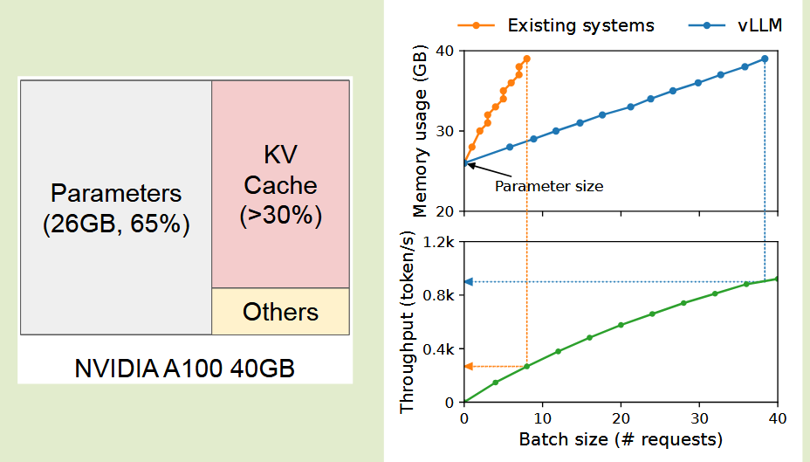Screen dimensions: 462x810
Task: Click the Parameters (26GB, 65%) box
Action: pos(116,208)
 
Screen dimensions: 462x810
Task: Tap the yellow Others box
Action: pos(280,312)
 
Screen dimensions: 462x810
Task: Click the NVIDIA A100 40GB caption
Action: pos(184,367)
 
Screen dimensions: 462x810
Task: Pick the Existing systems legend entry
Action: pos(580,24)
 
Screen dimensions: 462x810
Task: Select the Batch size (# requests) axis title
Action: pos(621,439)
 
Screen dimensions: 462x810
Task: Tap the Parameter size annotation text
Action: pos(549,186)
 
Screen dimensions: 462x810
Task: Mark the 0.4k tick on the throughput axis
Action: pos(439,349)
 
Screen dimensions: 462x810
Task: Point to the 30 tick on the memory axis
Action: pos(445,131)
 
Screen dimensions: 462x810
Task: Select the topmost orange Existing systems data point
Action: pos(526,59)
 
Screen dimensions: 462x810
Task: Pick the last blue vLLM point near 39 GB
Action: pos(765,59)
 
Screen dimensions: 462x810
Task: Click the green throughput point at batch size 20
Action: pos(621,325)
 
